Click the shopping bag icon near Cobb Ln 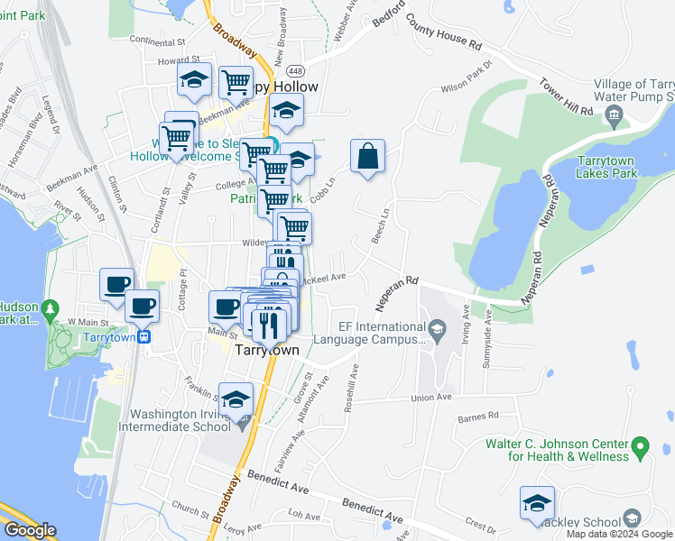367,157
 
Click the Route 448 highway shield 295,69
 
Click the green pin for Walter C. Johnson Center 641,446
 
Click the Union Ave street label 430,398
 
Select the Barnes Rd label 478,417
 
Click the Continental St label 157,41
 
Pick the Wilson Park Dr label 468,78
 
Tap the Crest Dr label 475,522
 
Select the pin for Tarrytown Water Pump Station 615,115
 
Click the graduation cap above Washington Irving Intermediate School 236,400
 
